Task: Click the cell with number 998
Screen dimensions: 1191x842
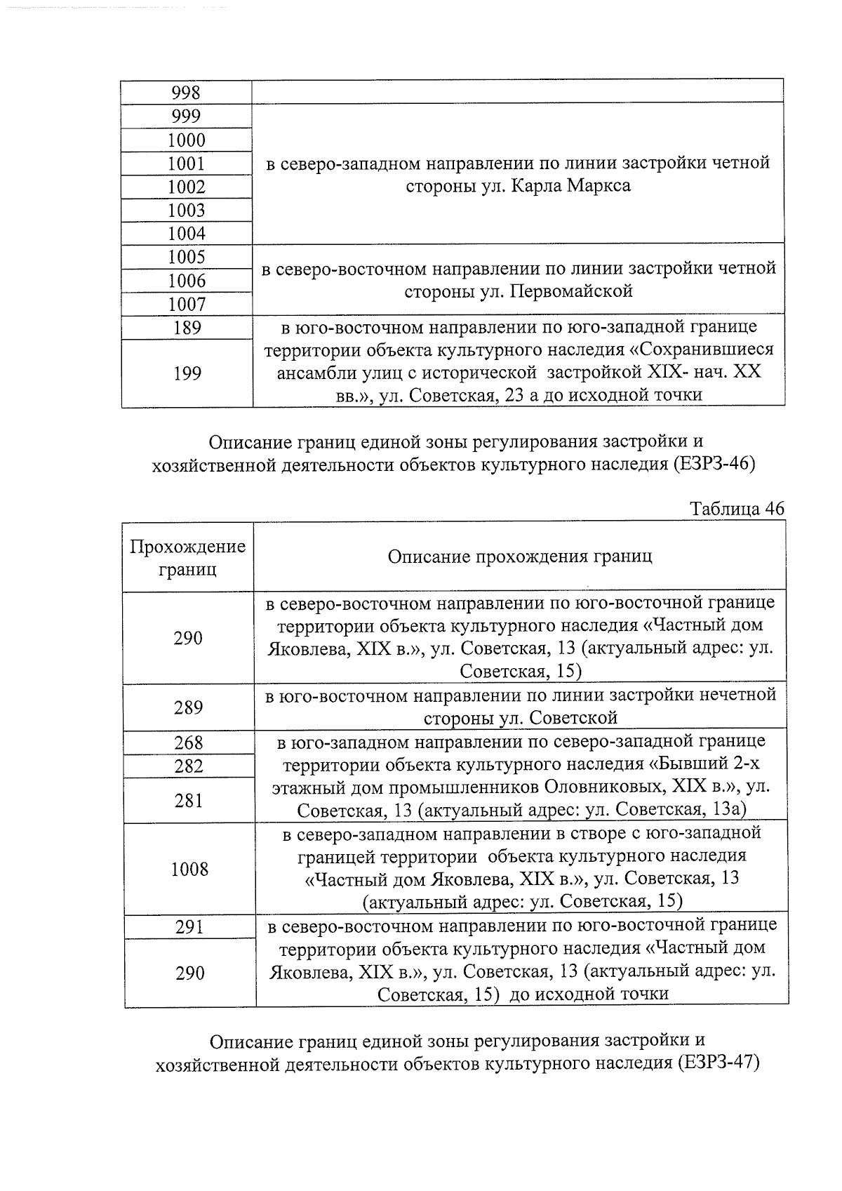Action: [x=186, y=93]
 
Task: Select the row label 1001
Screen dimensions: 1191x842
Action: [x=186, y=164]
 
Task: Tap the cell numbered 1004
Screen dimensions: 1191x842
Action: [x=186, y=233]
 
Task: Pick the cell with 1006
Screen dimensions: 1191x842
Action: [x=186, y=281]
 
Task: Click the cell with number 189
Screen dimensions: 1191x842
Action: [x=186, y=328]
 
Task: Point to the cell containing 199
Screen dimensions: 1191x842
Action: [x=186, y=373]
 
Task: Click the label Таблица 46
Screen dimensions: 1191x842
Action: [x=736, y=509]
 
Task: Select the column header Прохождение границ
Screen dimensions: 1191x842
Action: [x=188, y=557]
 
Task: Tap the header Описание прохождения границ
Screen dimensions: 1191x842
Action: [x=519, y=557]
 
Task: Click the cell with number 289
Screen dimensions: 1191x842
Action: [x=188, y=707]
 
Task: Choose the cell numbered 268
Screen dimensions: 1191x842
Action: [x=188, y=743]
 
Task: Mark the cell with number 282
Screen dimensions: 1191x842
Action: [x=188, y=766]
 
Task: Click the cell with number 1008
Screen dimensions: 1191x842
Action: [x=189, y=870]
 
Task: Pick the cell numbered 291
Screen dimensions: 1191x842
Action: [x=189, y=927]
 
